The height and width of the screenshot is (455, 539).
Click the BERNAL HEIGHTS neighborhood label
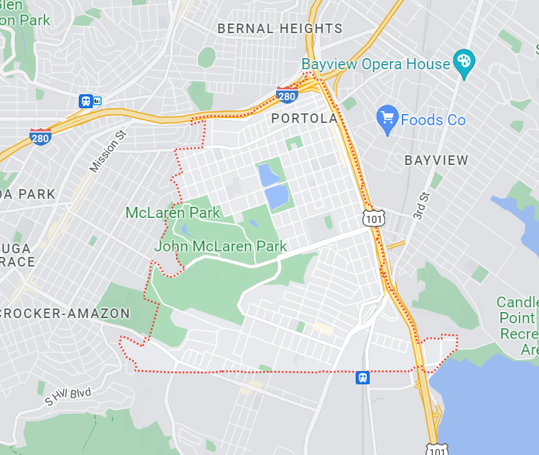[x=280, y=29]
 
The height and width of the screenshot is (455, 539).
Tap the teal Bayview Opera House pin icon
[x=463, y=64]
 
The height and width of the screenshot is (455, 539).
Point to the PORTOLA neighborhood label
[x=304, y=119]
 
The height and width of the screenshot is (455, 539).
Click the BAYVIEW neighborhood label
[x=437, y=160]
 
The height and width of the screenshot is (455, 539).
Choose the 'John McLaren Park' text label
[x=220, y=247]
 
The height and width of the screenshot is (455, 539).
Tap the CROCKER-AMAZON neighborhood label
[x=65, y=314]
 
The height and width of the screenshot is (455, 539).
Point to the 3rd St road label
[x=421, y=207]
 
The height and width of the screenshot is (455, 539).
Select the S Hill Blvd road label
[x=68, y=395]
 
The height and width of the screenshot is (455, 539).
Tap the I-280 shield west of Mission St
[x=40, y=136]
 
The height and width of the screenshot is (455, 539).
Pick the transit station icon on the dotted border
[x=362, y=377]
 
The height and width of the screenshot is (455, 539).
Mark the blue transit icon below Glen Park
[x=86, y=101]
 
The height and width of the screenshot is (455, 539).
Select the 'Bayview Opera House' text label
[x=376, y=64]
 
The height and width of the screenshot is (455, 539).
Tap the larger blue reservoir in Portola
[x=276, y=197]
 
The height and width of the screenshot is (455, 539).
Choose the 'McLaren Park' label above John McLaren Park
[x=173, y=213]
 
